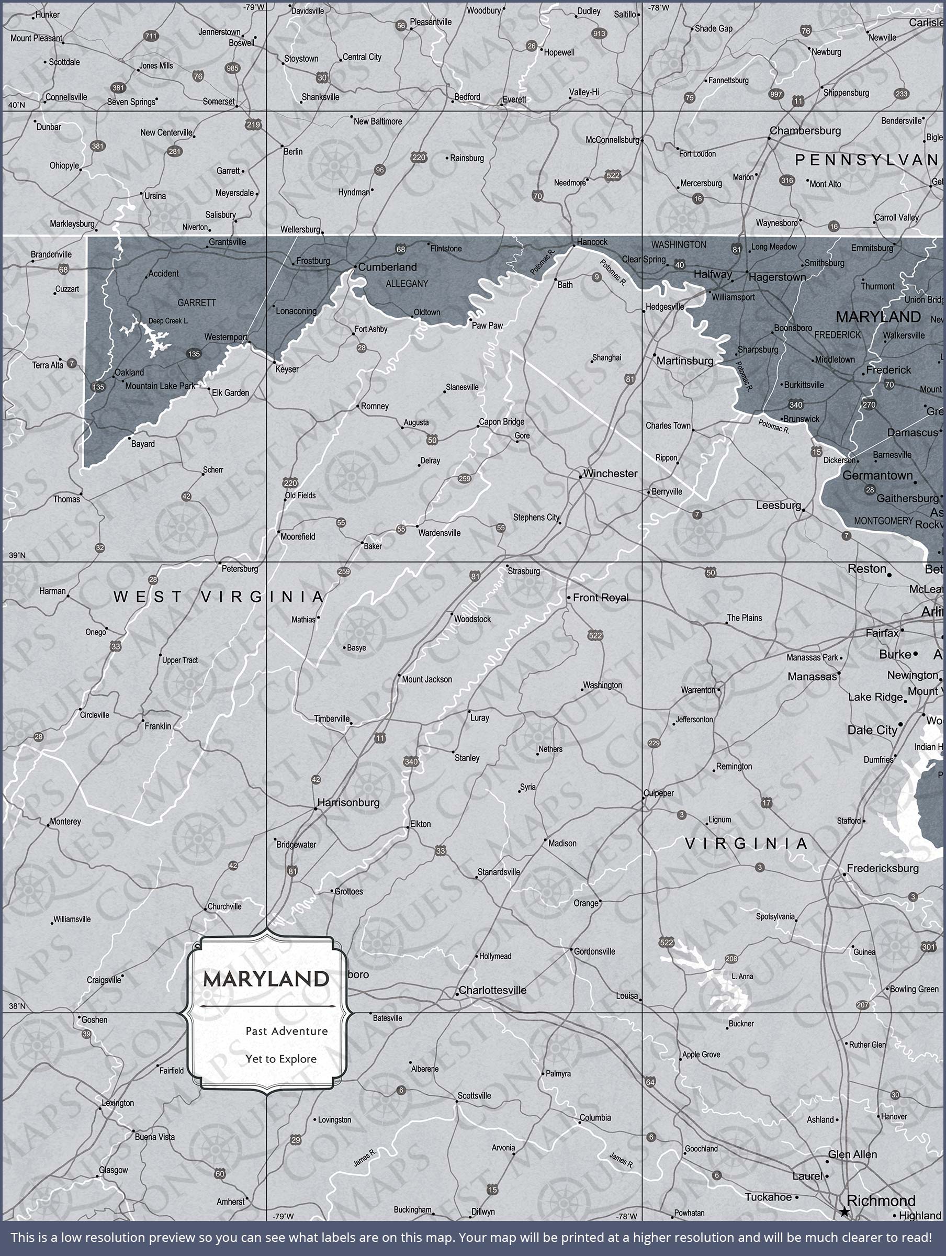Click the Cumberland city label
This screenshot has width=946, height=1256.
[x=387, y=267]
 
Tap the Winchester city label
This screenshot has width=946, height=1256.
[x=610, y=474]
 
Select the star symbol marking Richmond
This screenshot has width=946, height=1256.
[x=844, y=1212]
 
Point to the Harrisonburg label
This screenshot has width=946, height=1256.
[x=348, y=802]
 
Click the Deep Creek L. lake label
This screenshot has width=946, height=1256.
[x=168, y=321]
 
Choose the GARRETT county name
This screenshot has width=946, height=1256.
[x=196, y=302]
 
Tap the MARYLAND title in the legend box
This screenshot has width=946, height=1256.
[x=266, y=979]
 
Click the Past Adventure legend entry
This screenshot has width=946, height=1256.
[x=286, y=1031]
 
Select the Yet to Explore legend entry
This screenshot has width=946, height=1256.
[x=281, y=1059]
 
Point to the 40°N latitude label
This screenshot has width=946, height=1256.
[x=16, y=105]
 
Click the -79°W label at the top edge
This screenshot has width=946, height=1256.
[x=254, y=7]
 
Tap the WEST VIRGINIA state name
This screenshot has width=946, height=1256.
[x=218, y=597]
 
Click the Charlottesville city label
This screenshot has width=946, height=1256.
[x=492, y=990]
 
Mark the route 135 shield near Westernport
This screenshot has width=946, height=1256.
[x=194, y=354]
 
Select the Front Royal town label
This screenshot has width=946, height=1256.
[x=600, y=597]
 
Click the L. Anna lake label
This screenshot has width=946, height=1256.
[x=742, y=977]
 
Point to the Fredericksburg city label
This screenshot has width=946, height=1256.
[x=882, y=868]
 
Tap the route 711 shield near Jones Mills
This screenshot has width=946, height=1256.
[x=151, y=36]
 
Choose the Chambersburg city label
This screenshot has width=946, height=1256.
[x=805, y=131]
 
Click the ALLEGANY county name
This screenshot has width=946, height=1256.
[x=407, y=283]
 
